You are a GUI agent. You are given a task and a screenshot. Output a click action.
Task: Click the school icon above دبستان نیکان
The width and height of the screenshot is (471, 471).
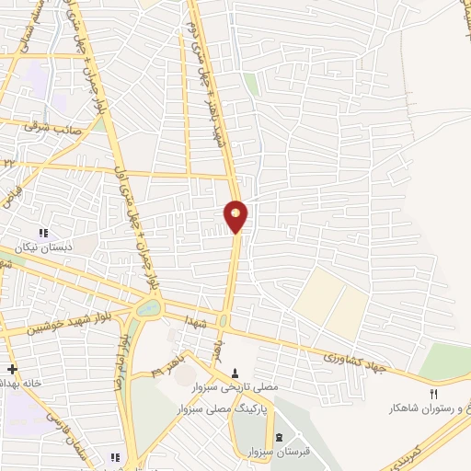[42, 233]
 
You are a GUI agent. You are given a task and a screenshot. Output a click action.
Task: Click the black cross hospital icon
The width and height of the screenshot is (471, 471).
[11, 368]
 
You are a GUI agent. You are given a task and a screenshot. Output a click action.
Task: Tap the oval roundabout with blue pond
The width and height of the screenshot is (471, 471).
[148, 310]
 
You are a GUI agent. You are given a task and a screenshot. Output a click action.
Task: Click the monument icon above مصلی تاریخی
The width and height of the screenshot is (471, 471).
[237, 374]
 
